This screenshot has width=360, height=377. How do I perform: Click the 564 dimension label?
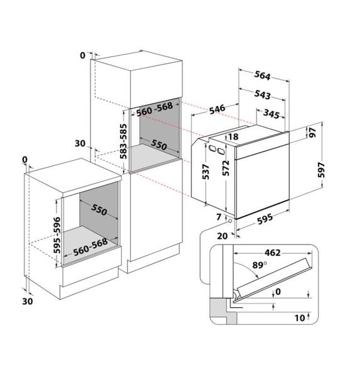(262, 77)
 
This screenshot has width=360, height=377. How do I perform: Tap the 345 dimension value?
(270, 114)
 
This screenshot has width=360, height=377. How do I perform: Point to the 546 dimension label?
(217, 109)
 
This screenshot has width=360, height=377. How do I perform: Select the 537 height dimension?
(205, 172)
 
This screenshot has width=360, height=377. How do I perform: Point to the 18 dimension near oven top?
(234, 137)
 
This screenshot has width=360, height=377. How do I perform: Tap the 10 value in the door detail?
(300, 318)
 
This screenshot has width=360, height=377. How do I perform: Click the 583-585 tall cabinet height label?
(124, 140)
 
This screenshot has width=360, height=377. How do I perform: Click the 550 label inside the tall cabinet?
(158, 146)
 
